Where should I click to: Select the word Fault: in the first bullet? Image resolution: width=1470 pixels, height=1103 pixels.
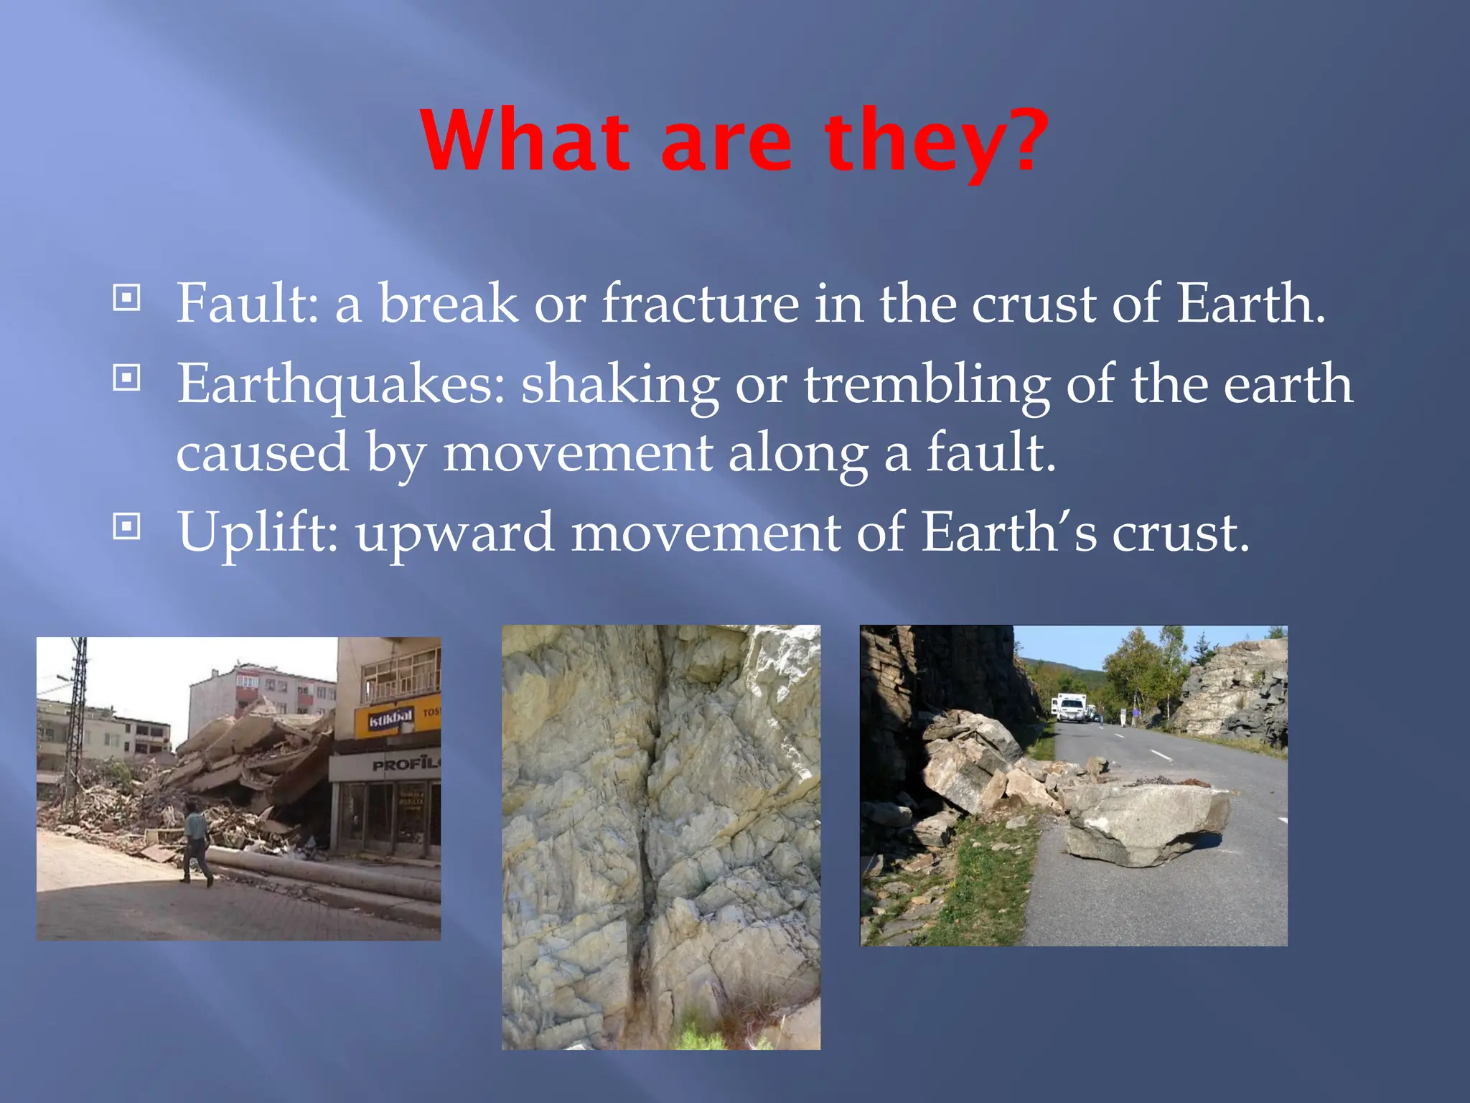click(x=246, y=303)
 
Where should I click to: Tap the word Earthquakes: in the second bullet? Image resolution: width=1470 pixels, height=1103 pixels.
click(x=341, y=384)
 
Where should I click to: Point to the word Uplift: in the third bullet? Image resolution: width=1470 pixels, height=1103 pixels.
click(x=258, y=532)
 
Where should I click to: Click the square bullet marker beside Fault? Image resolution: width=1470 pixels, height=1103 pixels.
click(x=127, y=297)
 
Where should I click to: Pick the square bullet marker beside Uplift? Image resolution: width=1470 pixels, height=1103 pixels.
click(x=127, y=527)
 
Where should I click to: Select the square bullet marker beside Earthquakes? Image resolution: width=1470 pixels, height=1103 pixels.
click(x=127, y=377)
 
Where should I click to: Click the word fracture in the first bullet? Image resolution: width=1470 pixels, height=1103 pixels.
click(x=700, y=303)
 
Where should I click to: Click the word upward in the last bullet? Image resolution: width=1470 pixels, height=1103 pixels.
click(x=455, y=534)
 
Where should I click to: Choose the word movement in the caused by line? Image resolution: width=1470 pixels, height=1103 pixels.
click(x=577, y=454)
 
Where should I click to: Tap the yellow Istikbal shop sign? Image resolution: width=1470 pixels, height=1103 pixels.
click(x=392, y=717)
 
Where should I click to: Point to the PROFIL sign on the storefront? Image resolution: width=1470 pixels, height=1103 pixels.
click(x=405, y=764)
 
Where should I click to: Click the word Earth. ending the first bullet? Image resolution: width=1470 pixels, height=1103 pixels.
click(x=1250, y=303)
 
